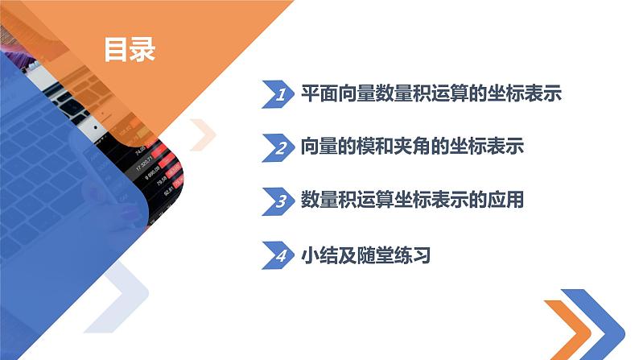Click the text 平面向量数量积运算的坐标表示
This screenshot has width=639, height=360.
(430, 94)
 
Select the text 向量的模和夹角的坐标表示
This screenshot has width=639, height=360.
(410, 147)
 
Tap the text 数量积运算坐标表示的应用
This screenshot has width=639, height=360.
(410, 201)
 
